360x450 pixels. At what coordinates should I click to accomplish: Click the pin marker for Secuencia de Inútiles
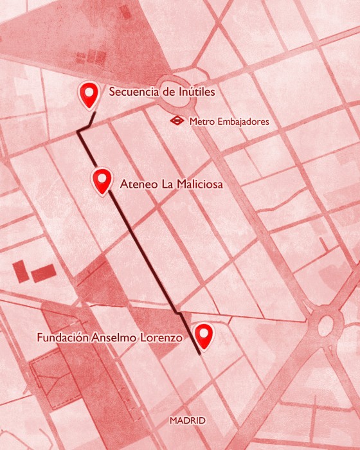coord(89,94)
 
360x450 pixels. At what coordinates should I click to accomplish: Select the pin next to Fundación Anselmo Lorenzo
coord(204,335)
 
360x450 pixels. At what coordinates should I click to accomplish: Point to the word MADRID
coord(187,420)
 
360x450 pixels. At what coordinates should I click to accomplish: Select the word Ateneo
coord(136,184)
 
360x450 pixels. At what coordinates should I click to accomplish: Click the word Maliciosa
coord(195,184)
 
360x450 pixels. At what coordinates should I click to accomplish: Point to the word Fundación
coord(62,337)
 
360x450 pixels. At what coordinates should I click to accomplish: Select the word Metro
coord(201,121)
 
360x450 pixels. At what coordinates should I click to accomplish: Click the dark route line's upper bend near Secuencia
coord(79,132)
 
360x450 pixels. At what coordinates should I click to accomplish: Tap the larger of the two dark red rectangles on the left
coord(43,273)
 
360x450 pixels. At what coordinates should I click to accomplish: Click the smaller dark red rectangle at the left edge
coord(20,271)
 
